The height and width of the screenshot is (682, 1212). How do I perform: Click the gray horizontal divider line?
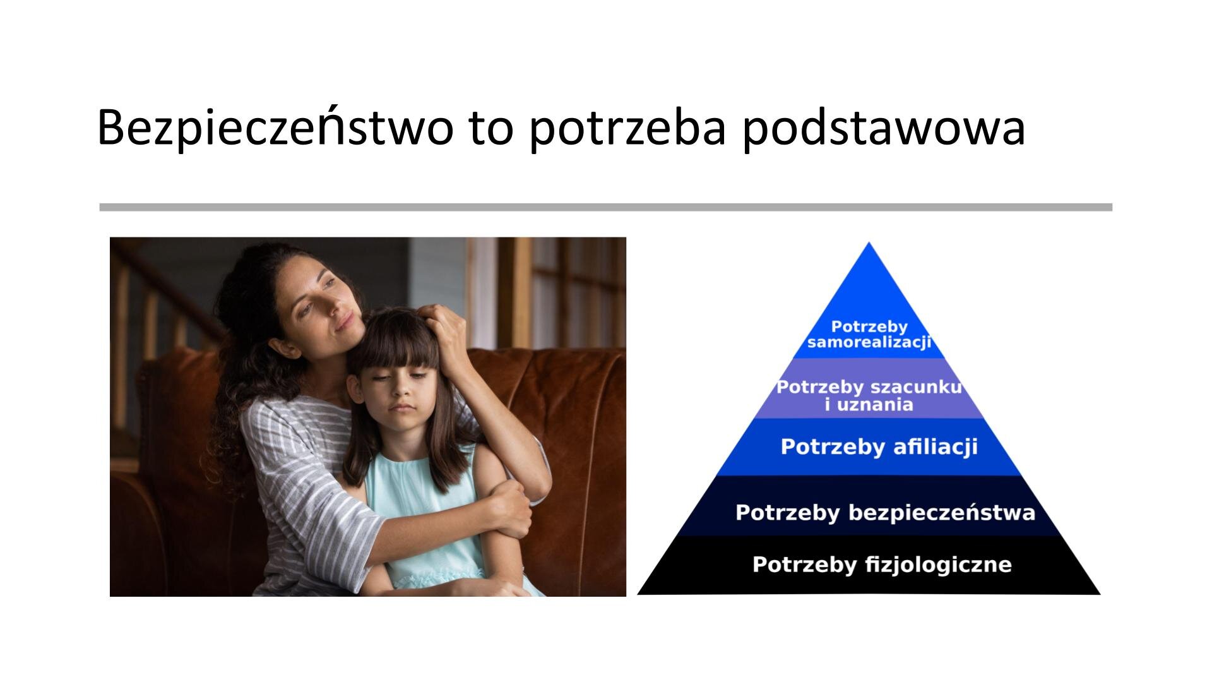coord(605,207)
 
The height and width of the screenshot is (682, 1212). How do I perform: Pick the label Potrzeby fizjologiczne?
coord(881,564)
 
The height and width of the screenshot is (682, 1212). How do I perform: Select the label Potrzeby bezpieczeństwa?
coord(885,512)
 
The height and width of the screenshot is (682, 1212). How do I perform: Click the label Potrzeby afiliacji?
coord(879,446)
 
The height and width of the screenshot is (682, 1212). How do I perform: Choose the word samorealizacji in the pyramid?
coord(869,343)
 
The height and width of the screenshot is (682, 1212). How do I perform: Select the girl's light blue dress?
coord(429,524)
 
